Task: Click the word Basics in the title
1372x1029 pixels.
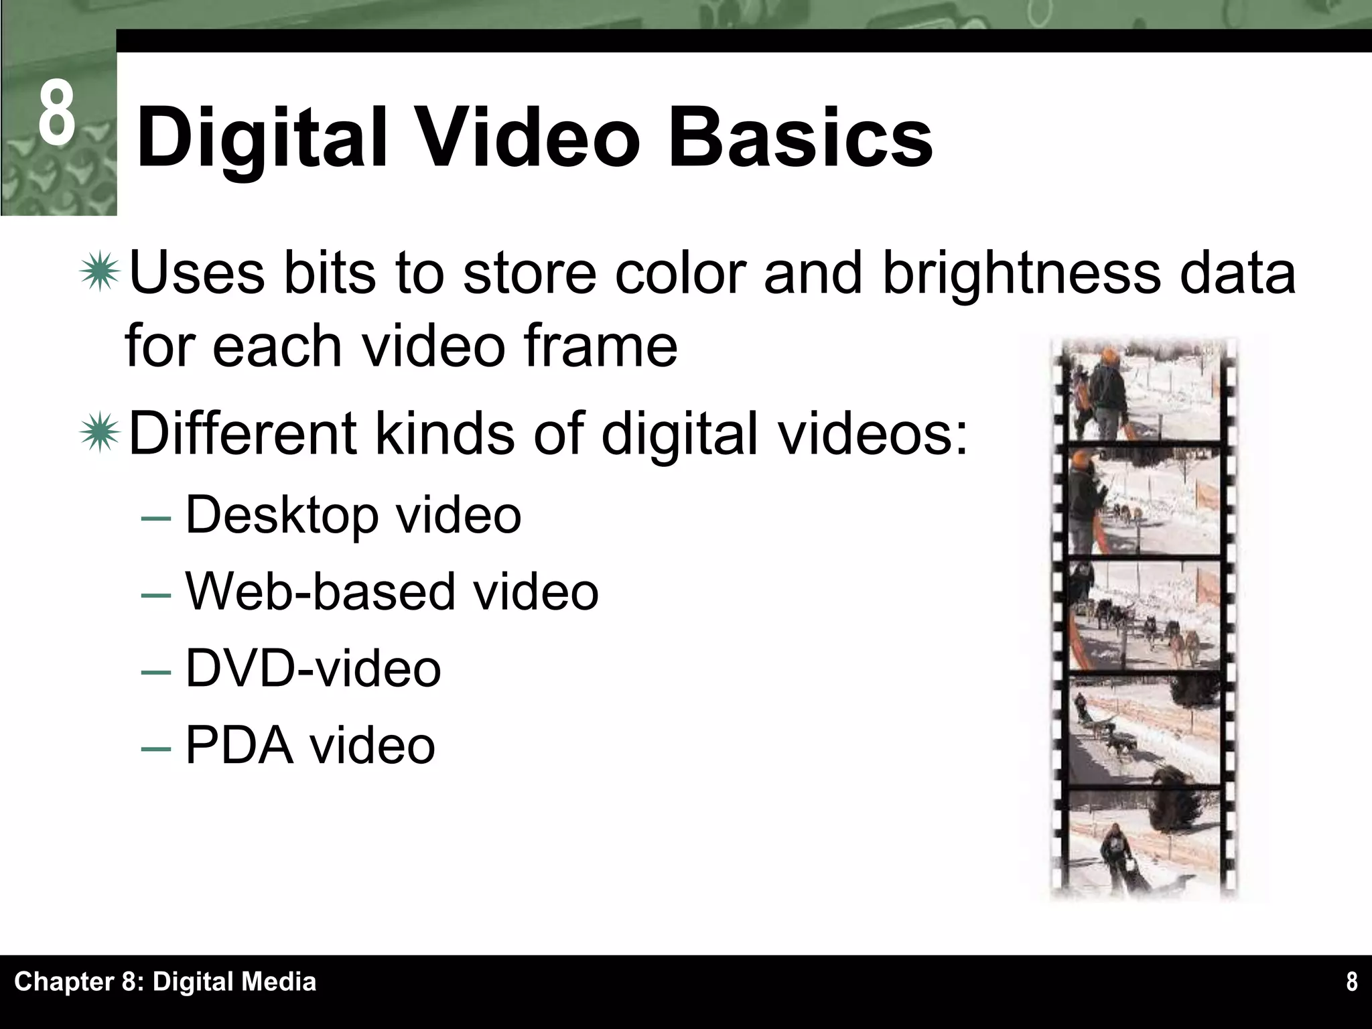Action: click(x=800, y=139)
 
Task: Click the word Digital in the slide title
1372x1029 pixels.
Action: click(x=262, y=139)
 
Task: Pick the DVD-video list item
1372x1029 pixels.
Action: click(x=313, y=669)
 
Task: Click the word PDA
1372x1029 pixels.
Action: click(x=239, y=745)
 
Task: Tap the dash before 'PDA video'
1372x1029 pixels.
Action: click(x=155, y=748)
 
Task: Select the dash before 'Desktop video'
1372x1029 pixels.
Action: click(x=155, y=519)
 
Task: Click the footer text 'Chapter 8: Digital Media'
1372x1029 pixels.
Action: click(x=165, y=982)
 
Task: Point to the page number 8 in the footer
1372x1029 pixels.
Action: click(x=1351, y=982)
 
